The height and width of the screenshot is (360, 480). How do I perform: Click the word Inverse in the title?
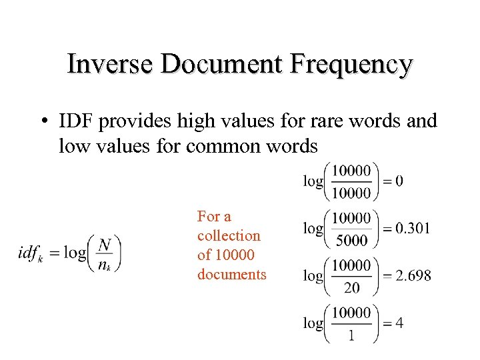[x=111, y=65]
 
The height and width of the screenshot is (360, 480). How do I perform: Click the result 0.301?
[x=413, y=229]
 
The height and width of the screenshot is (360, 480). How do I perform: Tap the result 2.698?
[x=413, y=275]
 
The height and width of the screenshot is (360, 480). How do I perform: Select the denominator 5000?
[x=351, y=240]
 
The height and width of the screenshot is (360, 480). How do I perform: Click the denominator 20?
[x=351, y=287]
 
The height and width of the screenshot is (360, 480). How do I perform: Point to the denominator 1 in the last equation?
[x=351, y=335]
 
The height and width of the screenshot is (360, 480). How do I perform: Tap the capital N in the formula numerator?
[x=105, y=245]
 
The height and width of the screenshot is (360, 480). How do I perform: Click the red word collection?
[x=229, y=235]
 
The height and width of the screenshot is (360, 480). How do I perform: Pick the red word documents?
[x=231, y=274]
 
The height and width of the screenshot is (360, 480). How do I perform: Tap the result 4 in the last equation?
[x=399, y=323]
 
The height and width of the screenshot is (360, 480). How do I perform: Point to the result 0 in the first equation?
[x=399, y=181]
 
